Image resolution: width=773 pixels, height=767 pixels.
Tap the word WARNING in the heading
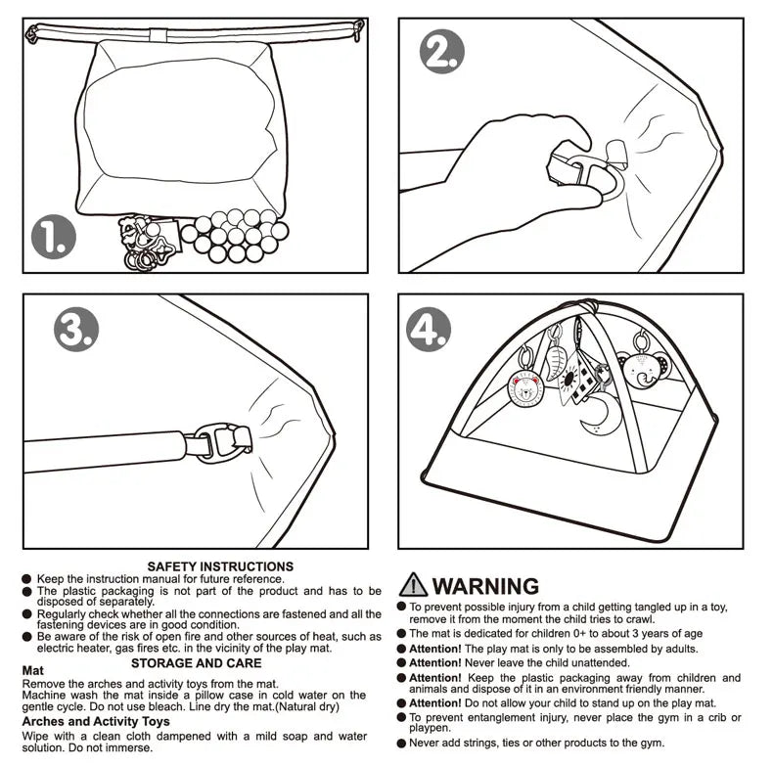click(x=486, y=586)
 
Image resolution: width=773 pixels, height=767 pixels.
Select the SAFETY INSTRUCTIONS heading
click(x=220, y=565)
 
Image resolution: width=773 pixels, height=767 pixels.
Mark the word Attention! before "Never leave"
click(x=434, y=662)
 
